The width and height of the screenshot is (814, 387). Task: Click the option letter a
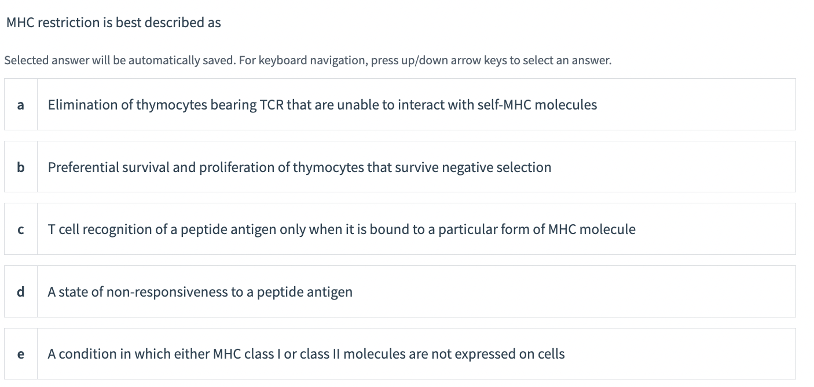21,105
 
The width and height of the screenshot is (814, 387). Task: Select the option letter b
21,167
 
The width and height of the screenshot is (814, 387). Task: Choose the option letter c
21,230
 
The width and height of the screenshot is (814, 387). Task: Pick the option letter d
21,292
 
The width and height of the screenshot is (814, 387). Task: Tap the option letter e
21,354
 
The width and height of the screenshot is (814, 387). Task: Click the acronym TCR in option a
272,105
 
